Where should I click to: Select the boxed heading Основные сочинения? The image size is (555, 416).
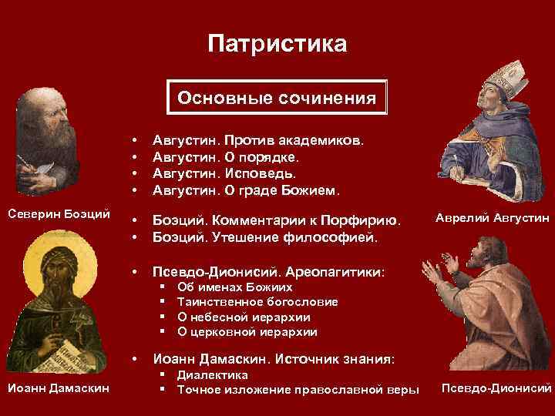coord(277,99)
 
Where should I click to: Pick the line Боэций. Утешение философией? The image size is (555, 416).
coord(265,237)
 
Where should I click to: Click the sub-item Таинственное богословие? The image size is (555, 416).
coord(257,301)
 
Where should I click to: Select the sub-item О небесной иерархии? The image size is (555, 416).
coord(244,317)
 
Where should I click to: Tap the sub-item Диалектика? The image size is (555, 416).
coord(213,374)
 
